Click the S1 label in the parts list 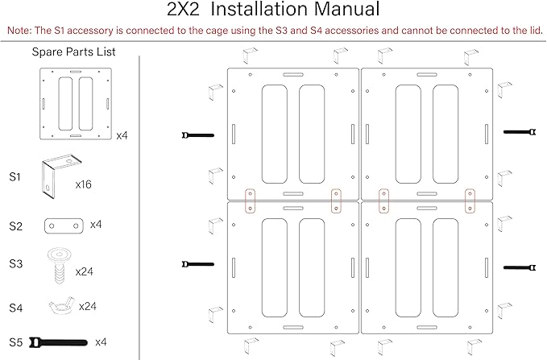pyautogui.click(x=15, y=177)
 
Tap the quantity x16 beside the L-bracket pyautogui.click(x=83, y=184)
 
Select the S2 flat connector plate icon pyautogui.click(x=64, y=226)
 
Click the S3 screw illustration pyautogui.click(x=60, y=266)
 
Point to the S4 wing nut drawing pyautogui.click(x=62, y=306)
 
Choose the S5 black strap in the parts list pyautogui.click(x=58, y=342)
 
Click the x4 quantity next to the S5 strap pyautogui.click(x=101, y=342)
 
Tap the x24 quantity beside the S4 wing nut pyautogui.click(x=88, y=306)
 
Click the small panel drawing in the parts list pyautogui.click(x=76, y=104)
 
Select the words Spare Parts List pyautogui.click(x=73, y=52)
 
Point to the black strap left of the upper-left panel pyautogui.click(x=198, y=135)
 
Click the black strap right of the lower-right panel pyautogui.click(x=520, y=268)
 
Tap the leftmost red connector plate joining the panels pyautogui.click(x=250, y=201)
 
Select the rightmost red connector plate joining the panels pyautogui.click(x=470, y=201)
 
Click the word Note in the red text pyautogui.click(x=19, y=31)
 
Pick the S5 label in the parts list pyautogui.click(x=15, y=342)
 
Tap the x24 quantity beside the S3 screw pyautogui.click(x=84, y=271)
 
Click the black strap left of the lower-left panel pyautogui.click(x=198, y=264)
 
